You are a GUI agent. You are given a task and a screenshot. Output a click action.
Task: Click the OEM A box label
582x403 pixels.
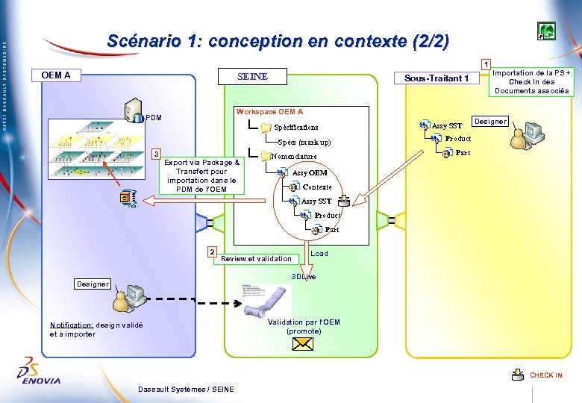(56, 75)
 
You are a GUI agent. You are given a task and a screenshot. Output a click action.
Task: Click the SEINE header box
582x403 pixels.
(251, 76)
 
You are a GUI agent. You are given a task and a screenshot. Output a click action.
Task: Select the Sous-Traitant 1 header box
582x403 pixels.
(436, 78)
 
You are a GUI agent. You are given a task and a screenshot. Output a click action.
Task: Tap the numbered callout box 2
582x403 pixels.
(213, 252)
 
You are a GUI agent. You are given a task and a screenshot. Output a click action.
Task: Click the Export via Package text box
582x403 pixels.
(201, 175)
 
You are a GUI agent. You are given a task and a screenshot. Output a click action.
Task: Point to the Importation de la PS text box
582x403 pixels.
(532, 81)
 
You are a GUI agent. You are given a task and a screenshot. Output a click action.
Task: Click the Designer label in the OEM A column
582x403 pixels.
(93, 284)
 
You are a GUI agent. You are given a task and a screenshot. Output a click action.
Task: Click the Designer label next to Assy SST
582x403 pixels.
(490, 121)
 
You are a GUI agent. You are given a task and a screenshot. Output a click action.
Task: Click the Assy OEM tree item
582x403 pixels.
(309, 172)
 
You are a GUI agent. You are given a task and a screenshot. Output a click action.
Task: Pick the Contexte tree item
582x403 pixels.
(316, 187)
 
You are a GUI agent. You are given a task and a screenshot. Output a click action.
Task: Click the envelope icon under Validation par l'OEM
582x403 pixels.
(303, 344)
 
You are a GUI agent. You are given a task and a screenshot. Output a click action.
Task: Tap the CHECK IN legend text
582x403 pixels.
(546, 375)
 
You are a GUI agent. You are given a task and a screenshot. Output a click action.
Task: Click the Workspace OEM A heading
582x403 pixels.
(269, 112)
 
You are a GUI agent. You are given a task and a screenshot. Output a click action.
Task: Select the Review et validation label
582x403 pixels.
(257, 259)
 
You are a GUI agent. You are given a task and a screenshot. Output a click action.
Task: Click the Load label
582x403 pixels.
(319, 254)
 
